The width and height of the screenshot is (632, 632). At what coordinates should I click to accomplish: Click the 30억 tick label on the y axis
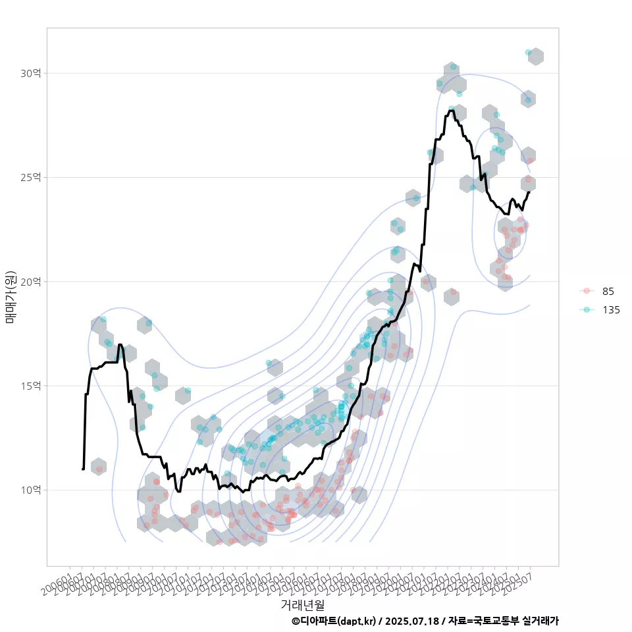click(30, 73)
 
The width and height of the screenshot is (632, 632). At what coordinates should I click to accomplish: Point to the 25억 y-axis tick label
click(30, 177)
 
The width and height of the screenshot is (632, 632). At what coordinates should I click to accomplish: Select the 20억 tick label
click(30, 282)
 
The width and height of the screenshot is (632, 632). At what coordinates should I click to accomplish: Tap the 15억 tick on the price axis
click(30, 386)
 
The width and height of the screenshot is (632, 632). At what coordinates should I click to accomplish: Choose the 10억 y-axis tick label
click(30, 490)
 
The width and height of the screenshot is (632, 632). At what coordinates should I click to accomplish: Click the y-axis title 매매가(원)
click(11, 297)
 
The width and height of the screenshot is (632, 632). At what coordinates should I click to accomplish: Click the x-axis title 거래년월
click(302, 604)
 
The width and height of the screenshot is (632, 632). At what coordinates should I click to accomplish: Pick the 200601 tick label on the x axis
click(59, 583)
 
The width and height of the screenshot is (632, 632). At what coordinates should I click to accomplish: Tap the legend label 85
click(608, 291)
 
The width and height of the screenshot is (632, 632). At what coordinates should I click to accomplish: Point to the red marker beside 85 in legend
click(587, 291)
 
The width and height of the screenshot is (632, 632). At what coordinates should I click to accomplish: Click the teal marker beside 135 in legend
click(587, 310)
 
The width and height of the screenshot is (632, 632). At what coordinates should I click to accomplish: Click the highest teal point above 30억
click(529, 52)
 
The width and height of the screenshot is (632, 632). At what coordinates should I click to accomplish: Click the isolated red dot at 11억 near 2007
click(99, 469)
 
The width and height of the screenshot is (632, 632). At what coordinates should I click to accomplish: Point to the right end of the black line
click(529, 192)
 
